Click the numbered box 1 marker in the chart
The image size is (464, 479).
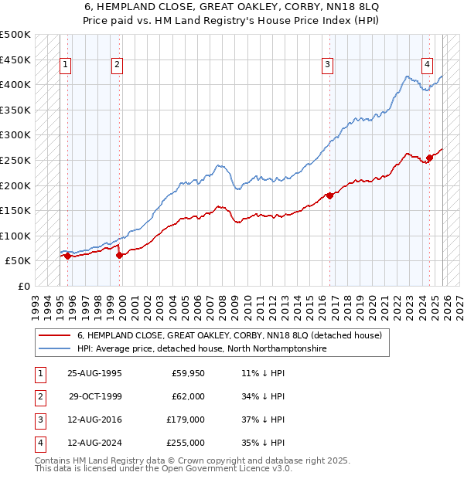(66, 65)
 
